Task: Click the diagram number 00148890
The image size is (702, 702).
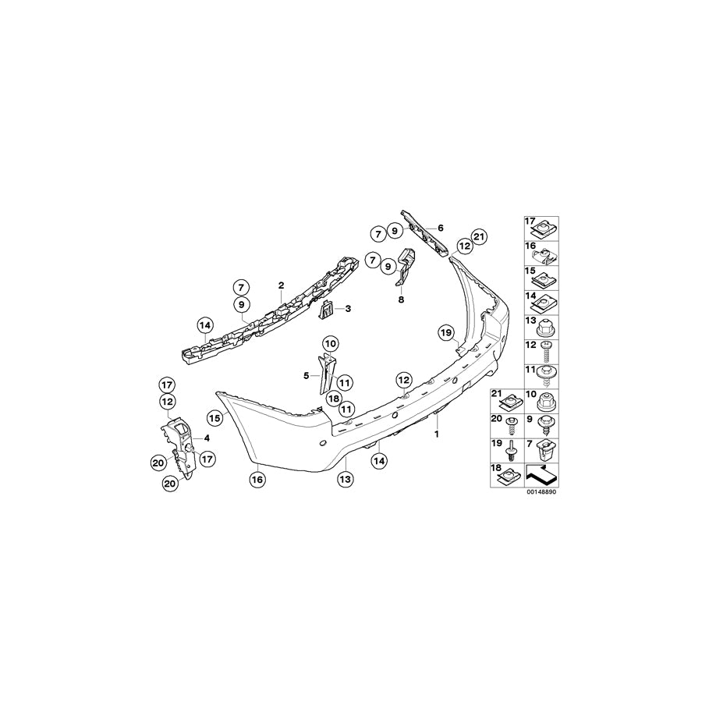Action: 542,491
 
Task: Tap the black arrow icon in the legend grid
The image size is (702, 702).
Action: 541,474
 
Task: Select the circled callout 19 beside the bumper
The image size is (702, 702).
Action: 446,332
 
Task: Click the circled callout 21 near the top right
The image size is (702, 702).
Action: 479,237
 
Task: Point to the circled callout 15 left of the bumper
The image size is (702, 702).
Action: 215,418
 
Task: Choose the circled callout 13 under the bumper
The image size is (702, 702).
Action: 346,479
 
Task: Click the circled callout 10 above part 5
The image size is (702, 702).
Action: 331,344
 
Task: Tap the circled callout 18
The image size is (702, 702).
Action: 334,398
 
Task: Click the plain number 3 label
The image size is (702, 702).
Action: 348,308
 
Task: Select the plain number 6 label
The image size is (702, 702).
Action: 441,229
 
